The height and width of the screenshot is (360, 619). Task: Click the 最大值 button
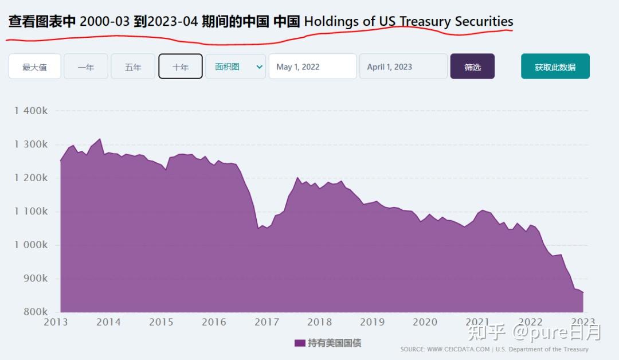34,66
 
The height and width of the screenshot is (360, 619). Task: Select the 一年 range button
86,66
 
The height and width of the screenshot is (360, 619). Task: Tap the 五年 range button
133,66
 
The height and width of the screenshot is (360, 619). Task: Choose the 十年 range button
181,66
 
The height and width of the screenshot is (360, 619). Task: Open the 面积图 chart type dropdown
236,66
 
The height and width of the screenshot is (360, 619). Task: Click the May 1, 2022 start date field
312,66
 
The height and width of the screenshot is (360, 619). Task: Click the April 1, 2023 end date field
403,66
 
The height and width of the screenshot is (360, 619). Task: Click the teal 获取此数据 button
555,66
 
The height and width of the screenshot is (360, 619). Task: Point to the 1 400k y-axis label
31,111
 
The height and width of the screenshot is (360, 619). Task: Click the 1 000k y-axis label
31,245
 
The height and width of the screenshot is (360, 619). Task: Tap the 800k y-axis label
35,312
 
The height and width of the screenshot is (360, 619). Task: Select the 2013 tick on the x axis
56,322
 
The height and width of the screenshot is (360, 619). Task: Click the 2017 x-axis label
267,322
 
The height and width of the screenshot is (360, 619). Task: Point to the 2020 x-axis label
425,322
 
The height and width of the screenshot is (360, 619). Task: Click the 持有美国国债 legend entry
328,343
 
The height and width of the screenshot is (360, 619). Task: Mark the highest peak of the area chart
100,139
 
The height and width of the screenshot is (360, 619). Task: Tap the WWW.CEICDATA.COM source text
459,349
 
